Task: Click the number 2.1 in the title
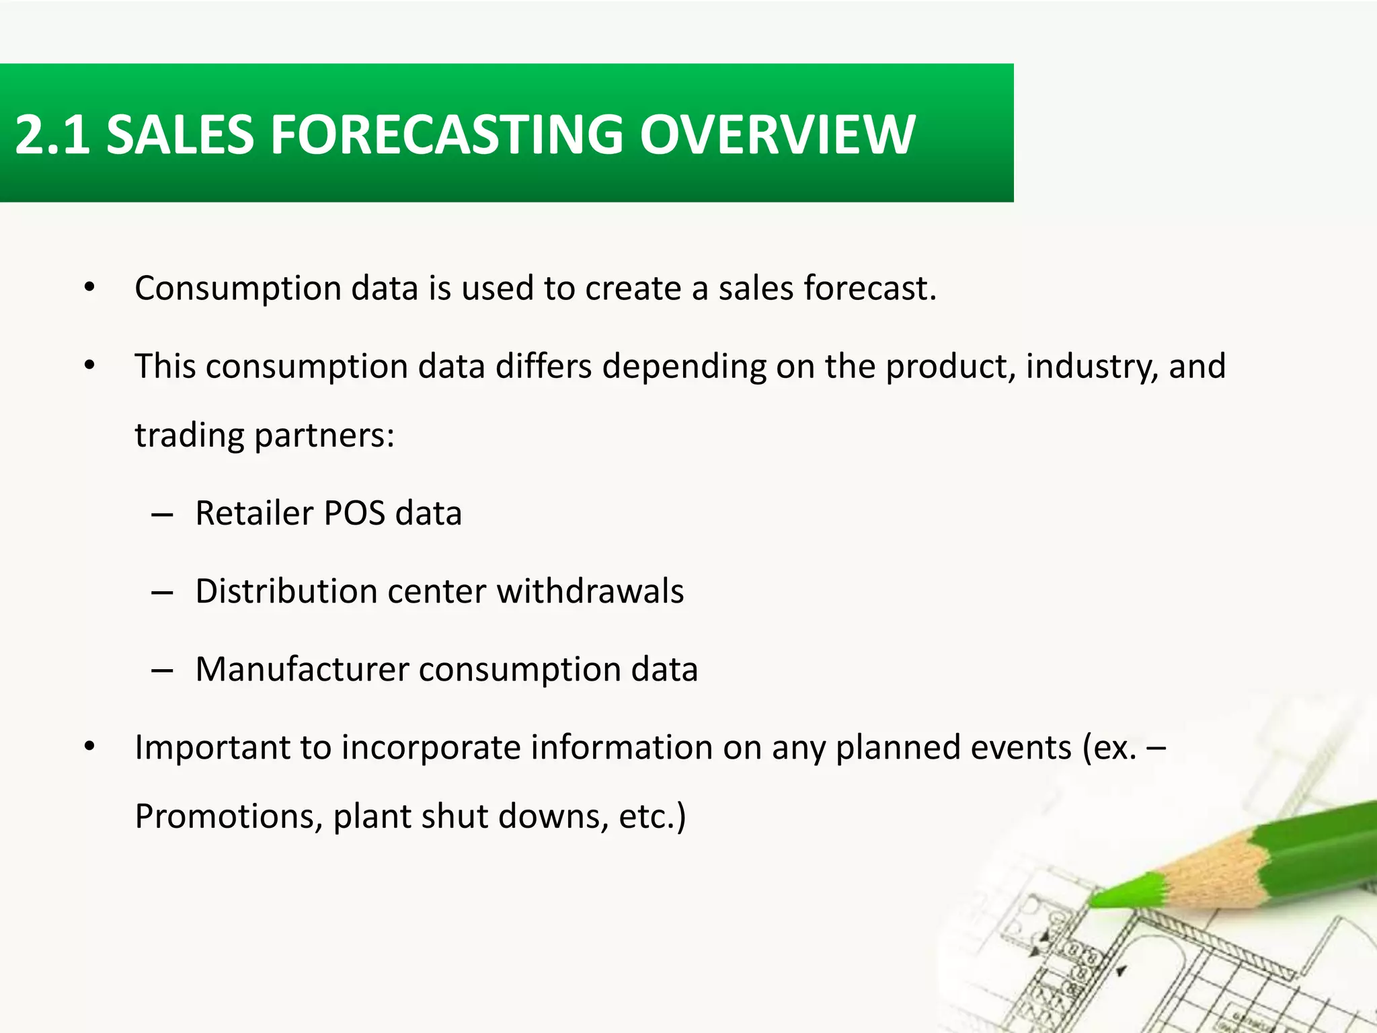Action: (52, 135)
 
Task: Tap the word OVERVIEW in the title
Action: (777, 135)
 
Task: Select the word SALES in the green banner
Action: (180, 135)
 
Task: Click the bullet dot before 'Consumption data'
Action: (89, 289)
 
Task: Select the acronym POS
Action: (354, 513)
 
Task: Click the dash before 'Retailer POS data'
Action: (162, 516)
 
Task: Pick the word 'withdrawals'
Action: (590, 592)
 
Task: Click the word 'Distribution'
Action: (286, 592)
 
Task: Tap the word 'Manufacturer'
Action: (302, 670)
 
